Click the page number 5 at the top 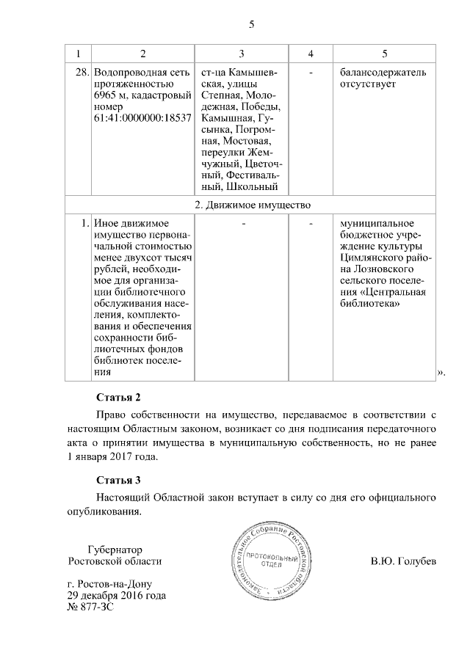pos(251,24)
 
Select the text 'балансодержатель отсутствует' pos(383,79)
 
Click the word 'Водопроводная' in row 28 pos(130,73)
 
